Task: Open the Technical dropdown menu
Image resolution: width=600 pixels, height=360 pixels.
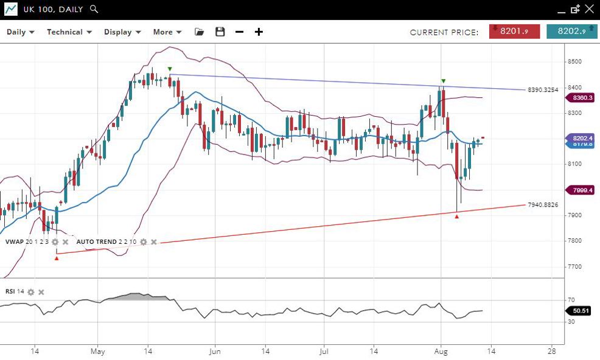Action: tap(69, 32)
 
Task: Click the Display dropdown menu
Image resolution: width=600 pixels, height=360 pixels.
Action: tap(122, 32)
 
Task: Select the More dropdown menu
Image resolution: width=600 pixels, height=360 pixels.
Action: tap(167, 32)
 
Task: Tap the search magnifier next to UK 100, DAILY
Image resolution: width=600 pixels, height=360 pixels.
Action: tap(93, 9)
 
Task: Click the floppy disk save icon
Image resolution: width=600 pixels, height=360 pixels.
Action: tap(220, 32)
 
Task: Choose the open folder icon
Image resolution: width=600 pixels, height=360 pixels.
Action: tap(200, 32)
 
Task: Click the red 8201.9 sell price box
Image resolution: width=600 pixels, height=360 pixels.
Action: tap(514, 32)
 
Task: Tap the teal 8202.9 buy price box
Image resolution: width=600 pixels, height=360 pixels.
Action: tap(571, 32)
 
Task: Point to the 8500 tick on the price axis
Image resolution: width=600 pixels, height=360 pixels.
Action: tap(575, 61)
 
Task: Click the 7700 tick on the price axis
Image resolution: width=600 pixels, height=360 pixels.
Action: tap(575, 266)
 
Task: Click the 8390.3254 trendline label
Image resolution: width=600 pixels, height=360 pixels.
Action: tap(543, 90)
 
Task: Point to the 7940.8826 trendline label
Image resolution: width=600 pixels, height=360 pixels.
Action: tap(543, 205)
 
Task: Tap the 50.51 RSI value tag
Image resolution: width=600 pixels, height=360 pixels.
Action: tap(581, 311)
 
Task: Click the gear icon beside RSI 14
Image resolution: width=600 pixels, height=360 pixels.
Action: tap(31, 292)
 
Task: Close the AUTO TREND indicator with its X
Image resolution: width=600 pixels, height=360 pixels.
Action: tap(154, 242)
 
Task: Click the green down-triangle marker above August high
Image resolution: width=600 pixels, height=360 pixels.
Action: tap(444, 81)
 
